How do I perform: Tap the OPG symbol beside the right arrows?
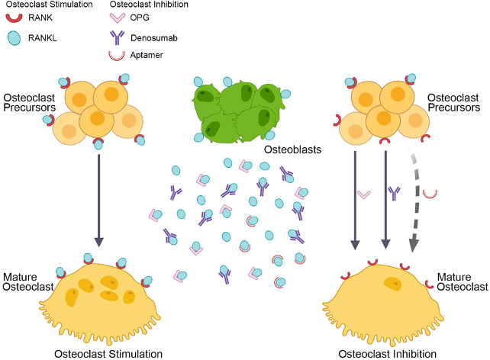tap(364, 194)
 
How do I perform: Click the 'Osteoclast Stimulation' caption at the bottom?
tap(108, 354)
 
